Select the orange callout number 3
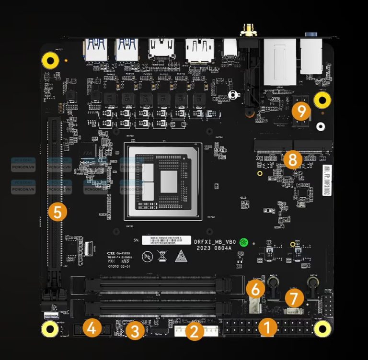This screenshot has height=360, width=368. pyautogui.click(x=136, y=330)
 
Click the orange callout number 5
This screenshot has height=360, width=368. pyautogui.click(x=57, y=212)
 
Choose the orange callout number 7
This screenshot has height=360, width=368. pyautogui.click(x=294, y=298)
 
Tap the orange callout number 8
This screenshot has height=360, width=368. pyautogui.click(x=292, y=159)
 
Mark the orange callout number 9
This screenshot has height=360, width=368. pyautogui.click(x=301, y=112)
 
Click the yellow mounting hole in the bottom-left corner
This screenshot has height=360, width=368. pyautogui.click(x=50, y=328)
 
